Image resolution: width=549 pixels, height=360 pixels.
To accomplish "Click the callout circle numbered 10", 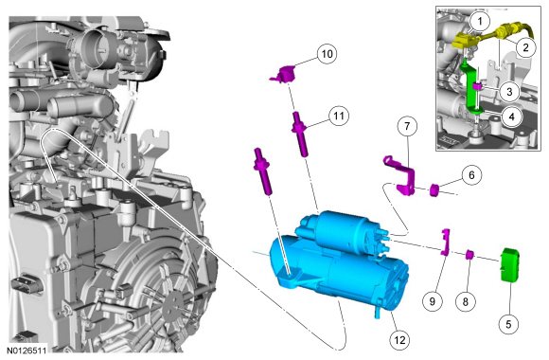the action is (327, 54).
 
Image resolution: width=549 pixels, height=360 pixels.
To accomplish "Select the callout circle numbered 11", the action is (339, 116).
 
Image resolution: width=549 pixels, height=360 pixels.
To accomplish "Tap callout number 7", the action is (407, 126).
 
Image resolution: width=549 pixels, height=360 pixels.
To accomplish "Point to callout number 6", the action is (471, 175).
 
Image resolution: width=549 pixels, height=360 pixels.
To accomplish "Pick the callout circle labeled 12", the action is (399, 340).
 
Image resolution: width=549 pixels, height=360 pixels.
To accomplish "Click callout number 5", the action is (508, 324).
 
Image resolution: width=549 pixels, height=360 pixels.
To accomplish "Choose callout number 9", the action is (432, 301).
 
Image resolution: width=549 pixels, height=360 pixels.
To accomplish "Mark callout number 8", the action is (466, 301).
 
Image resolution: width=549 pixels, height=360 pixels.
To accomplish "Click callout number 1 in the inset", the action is (480, 21).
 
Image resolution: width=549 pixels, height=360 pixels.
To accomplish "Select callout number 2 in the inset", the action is (525, 47).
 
